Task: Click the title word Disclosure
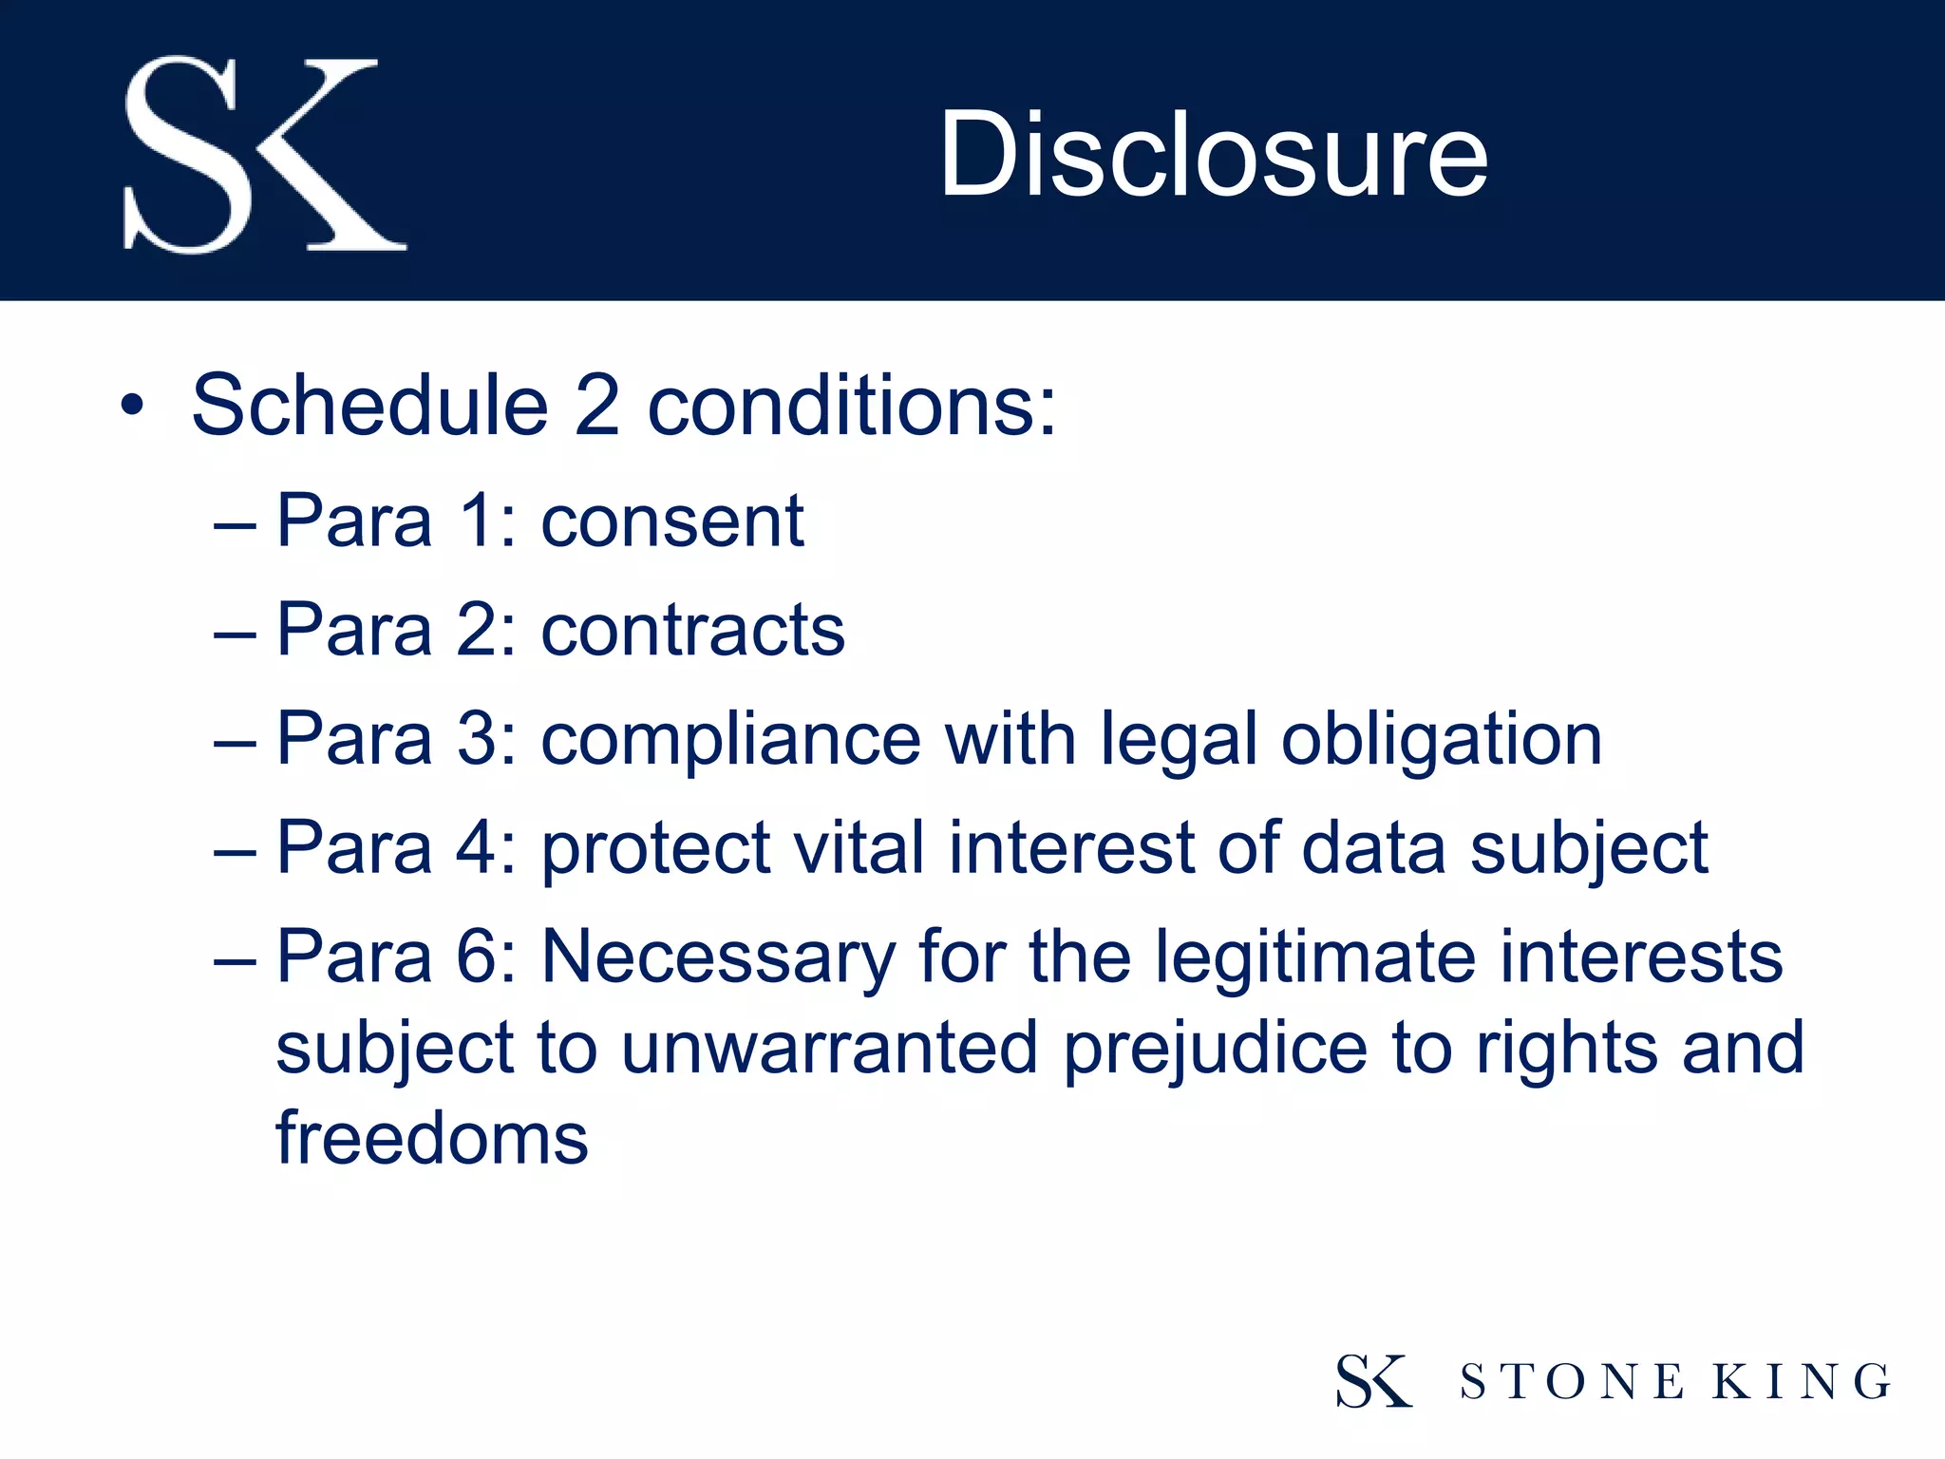(x=1213, y=154)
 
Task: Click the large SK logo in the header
(x=265, y=155)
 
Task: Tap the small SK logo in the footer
(x=1373, y=1381)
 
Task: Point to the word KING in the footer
(x=1801, y=1382)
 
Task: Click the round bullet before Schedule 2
(x=133, y=406)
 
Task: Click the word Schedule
(x=369, y=406)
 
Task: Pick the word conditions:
(x=852, y=406)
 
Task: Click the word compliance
(x=730, y=740)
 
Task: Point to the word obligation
(x=1441, y=740)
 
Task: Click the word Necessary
(x=718, y=957)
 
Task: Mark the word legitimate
(x=1315, y=957)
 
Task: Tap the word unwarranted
(x=829, y=1048)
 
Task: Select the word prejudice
(x=1215, y=1048)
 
